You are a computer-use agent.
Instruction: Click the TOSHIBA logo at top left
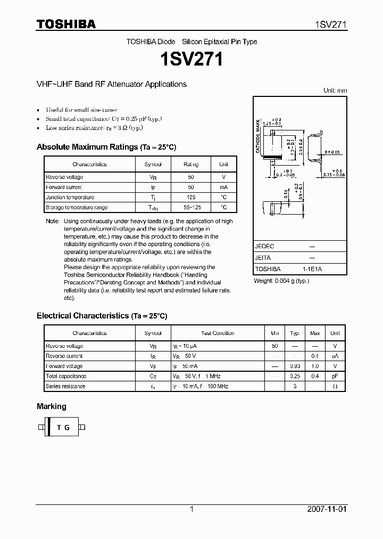(66, 24)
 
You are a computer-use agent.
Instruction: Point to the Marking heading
(52, 406)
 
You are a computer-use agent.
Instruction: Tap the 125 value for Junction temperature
(191, 197)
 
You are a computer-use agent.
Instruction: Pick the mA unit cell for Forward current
(223, 187)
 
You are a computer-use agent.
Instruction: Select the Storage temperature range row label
(77, 207)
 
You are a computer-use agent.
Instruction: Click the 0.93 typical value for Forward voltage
(295, 366)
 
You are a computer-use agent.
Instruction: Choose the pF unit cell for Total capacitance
(335, 376)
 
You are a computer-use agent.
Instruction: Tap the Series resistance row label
(65, 386)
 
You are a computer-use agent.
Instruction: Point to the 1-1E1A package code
(312, 269)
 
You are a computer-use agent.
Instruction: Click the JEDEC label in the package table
(264, 247)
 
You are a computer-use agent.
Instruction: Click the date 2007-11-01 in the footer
(327, 509)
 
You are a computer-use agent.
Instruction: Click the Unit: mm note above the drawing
(335, 91)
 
